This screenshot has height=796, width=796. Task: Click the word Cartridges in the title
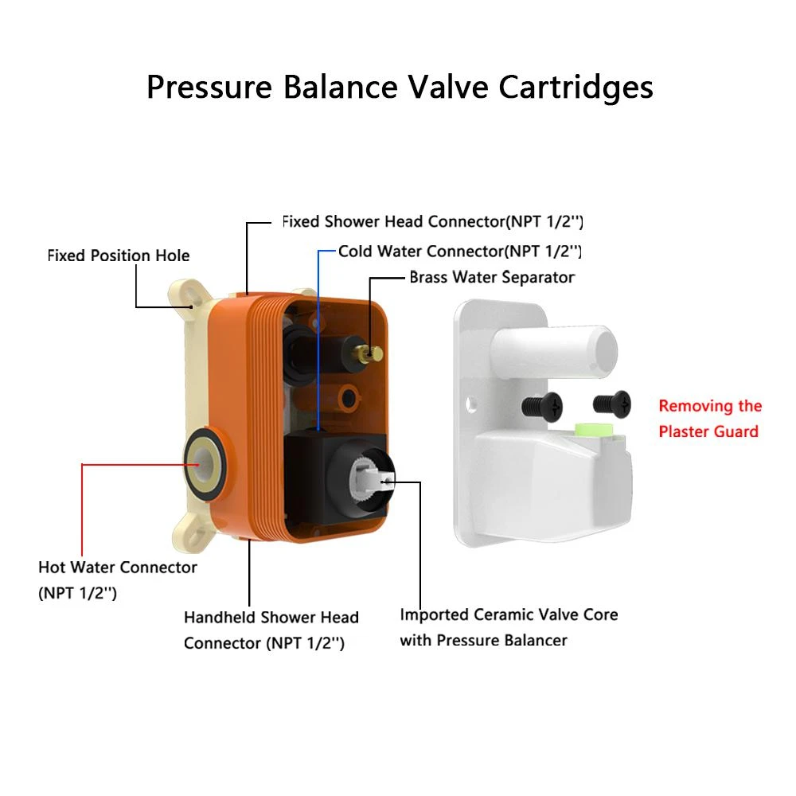click(x=576, y=87)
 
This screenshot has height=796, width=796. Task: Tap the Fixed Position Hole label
click(x=119, y=256)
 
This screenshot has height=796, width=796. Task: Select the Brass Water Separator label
click(x=492, y=277)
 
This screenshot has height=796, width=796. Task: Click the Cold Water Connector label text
click(x=460, y=251)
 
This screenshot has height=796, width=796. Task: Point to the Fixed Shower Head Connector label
click(x=438, y=220)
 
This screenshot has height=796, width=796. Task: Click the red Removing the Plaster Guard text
click(x=709, y=419)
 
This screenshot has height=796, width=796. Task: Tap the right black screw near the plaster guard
click(x=611, y=404)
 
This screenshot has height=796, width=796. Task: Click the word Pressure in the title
click(x=209, y=87)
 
